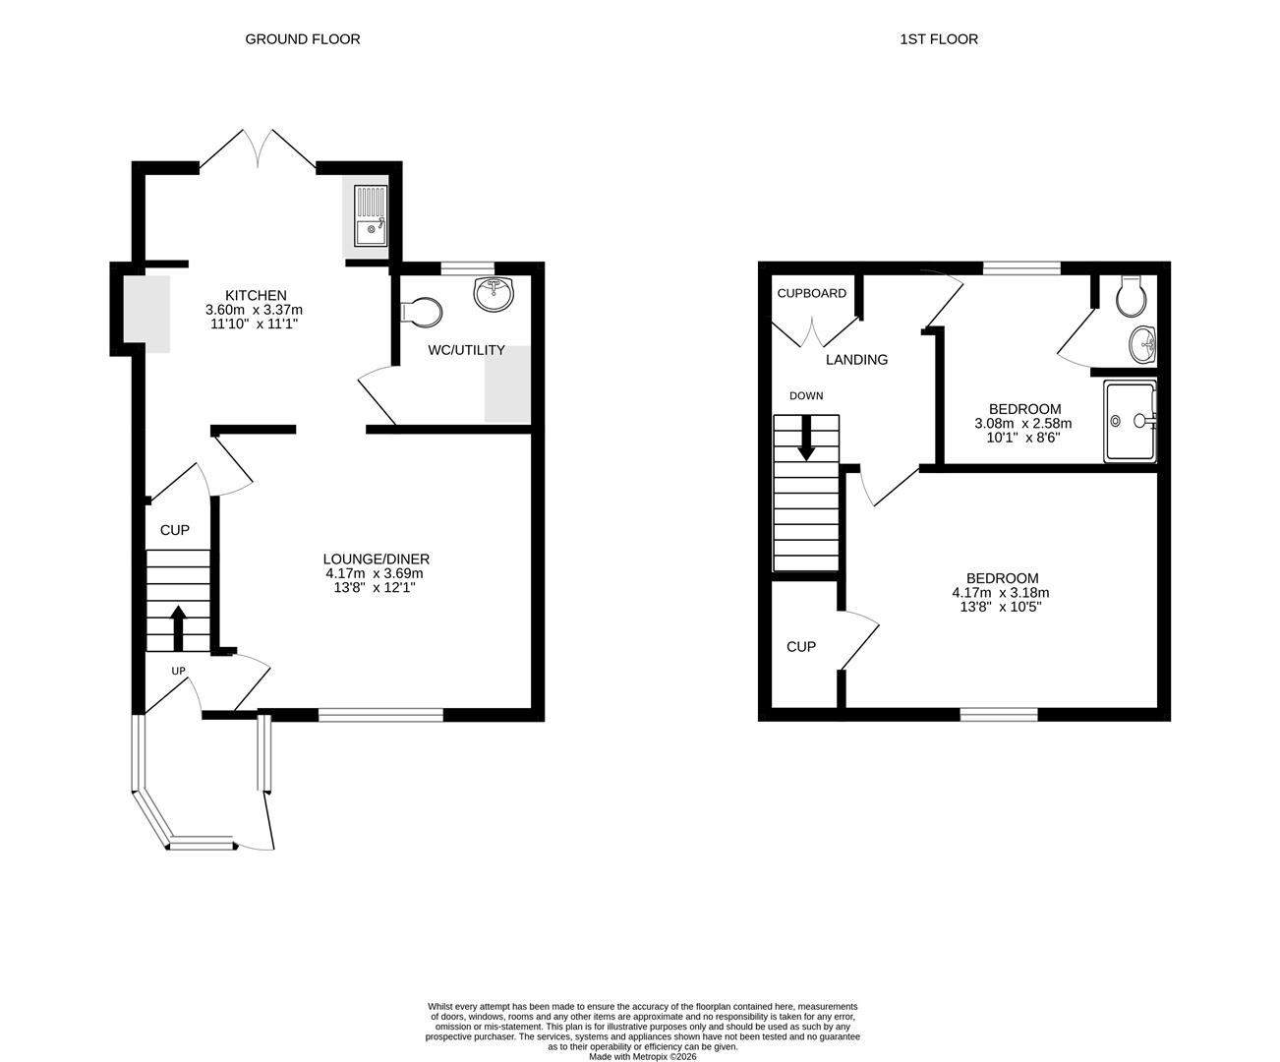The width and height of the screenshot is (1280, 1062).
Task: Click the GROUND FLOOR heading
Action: (x=302, y=39)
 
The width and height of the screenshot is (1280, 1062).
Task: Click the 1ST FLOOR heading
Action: (x=938, y=39)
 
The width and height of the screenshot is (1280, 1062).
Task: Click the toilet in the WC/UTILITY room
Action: (x=422, y=312)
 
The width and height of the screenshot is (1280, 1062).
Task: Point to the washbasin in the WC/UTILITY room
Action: (x=494, y=294)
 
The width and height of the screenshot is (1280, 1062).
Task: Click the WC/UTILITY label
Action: (x=466, y=350)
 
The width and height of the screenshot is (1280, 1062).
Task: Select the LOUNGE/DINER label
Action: (x=377, y=559)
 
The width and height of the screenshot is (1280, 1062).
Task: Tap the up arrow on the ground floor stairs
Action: (x=178, y=627)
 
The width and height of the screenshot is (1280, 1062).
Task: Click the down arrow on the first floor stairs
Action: (x=806, y=439)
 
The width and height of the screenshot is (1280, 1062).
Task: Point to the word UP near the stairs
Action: (x=179, y=672)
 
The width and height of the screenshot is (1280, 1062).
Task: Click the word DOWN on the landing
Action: (x=806, y=395)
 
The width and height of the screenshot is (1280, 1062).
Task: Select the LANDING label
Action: (x=856, y=360)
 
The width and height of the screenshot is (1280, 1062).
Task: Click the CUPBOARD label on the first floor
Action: (x=812, y=293)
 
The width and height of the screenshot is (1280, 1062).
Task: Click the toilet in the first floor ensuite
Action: (x=1132, y=293)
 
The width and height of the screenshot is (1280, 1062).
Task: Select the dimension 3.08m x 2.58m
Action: (x=1022, y=424)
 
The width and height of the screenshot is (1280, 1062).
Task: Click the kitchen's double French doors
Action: (x=259, y=150)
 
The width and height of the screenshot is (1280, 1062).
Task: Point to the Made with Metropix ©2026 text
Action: (x=642, y=1057)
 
